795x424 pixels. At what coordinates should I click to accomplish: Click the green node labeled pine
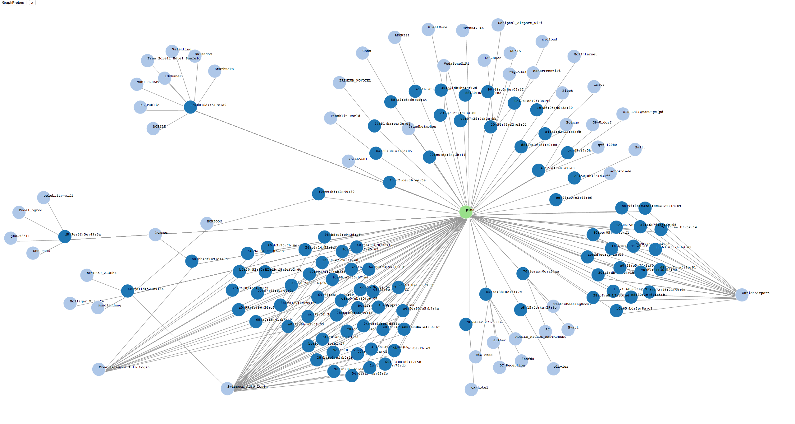click(466, 212)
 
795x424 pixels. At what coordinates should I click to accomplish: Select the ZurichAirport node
click(742, 295)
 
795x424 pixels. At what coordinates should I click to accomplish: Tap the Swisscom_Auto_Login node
click(227, 389)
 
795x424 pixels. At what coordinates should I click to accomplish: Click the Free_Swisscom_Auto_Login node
click(99, 369)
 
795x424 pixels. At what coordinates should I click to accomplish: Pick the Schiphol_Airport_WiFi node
click(498, 25)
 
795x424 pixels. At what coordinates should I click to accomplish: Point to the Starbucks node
click(215, 71)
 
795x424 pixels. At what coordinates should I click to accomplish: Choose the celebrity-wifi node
click(43, 198)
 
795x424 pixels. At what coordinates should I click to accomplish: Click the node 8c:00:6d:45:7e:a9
click(190, 107)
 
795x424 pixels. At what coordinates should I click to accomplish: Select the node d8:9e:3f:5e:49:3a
click(65, 236)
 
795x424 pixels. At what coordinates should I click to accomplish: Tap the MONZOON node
click(207, 223)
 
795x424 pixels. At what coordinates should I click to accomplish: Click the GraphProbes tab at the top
click(13, 2)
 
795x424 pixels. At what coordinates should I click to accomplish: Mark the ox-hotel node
click(471, 389)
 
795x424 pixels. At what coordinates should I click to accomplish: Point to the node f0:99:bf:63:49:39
click(318, 194)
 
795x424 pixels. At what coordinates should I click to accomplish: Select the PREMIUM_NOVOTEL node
click(339, 82)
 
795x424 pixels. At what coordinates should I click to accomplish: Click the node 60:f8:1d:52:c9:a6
click(127, 291)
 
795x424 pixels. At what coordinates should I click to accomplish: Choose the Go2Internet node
click(574, 56)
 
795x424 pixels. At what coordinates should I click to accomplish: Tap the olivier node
click(553, 369)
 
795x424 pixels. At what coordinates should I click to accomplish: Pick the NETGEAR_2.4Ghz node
click(87, 275)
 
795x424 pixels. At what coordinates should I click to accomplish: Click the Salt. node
click(635, 149)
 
